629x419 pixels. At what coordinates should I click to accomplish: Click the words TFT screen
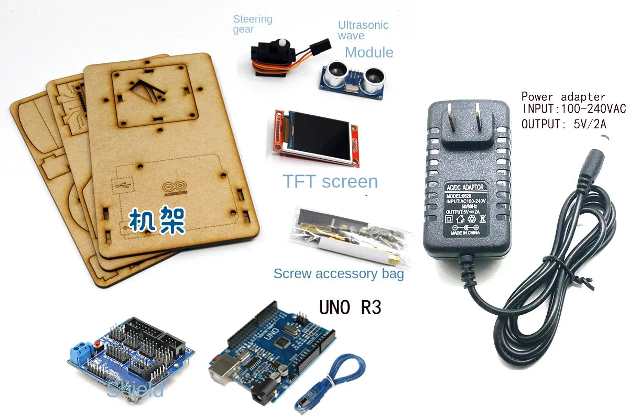click(330, 181)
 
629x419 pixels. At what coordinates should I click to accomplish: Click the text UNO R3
click(350, 307)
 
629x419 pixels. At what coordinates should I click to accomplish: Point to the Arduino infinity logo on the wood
click(175, 187)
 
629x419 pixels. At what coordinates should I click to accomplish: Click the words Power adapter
click(563, 97)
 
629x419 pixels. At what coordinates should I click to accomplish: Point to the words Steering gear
click(252, 24)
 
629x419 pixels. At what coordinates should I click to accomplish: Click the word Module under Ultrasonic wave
click(369, 52)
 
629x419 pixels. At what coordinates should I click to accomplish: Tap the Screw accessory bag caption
click(339, 273)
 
